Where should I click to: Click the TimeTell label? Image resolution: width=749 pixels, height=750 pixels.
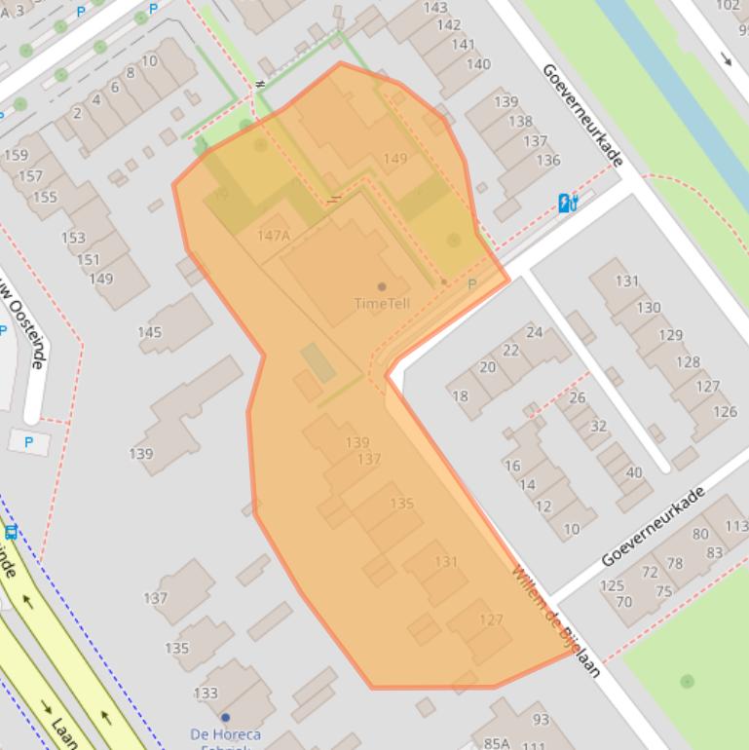382,304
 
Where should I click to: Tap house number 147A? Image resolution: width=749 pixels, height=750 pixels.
274,236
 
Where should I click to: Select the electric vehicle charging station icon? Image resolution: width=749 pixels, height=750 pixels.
568,203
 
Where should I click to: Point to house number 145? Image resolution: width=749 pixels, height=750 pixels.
149,332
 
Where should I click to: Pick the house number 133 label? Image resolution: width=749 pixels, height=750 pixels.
206,694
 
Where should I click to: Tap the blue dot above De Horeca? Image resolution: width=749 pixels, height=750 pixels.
225,718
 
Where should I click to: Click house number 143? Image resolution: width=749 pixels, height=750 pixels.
435,8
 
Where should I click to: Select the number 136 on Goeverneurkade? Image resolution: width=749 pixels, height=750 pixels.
548,160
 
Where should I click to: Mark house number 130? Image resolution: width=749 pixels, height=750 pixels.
649,307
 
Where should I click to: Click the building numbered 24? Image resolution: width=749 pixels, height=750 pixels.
535,332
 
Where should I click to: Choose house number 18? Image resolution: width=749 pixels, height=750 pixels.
460,395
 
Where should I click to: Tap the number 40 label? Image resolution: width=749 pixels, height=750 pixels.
634,472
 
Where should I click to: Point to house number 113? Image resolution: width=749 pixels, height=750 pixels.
736,526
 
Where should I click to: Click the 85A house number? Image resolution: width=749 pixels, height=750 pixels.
497,742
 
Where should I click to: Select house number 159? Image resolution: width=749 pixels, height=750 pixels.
16,155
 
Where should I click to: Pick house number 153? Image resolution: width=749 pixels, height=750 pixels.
73,238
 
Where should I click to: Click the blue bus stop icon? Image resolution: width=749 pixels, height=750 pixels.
11,532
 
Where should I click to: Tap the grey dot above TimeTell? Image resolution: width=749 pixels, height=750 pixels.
382,286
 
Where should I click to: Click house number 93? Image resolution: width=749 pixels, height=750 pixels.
541,720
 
